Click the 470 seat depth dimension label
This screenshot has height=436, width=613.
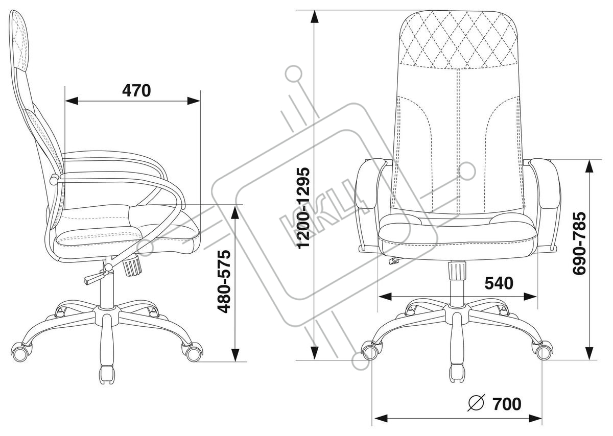click(x=136, y=90)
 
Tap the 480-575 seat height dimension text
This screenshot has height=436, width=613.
click(x=224, y=281)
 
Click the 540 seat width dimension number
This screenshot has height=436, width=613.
click(x=499, y=283)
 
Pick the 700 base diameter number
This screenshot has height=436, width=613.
click(x=507, y=404)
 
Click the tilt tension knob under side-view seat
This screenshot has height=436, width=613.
click(x=133, y=264)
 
